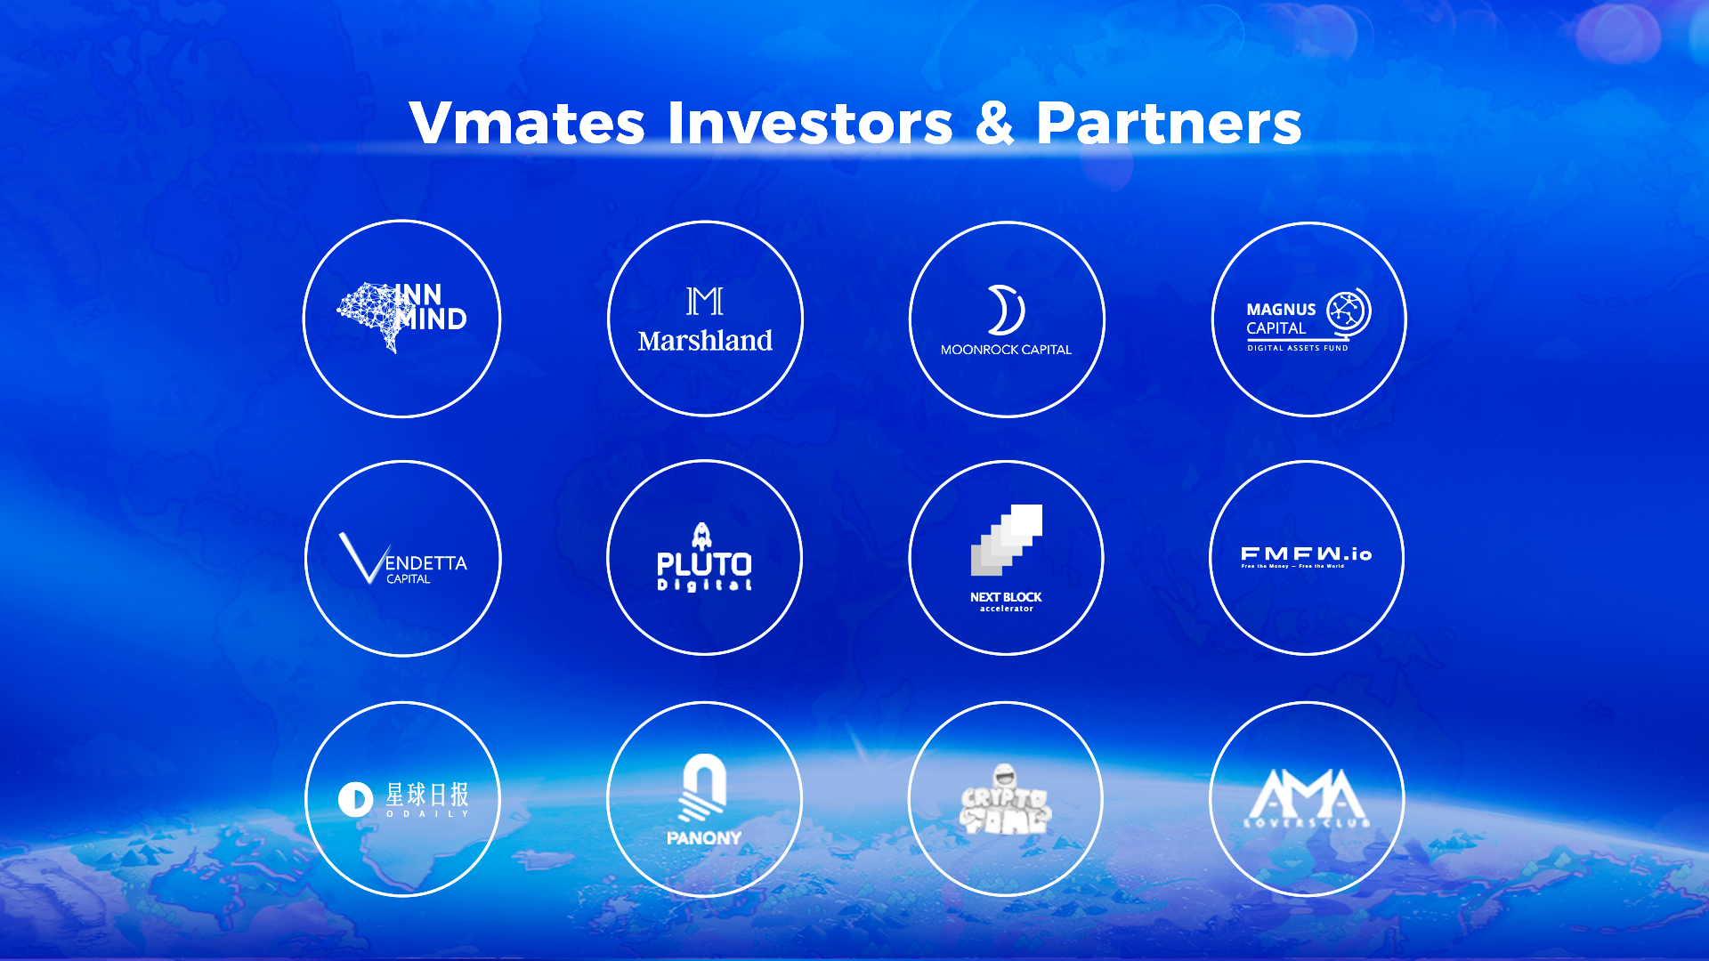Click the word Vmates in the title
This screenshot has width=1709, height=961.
click(x=526, y=123)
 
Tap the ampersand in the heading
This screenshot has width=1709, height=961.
click(x=994, y=123)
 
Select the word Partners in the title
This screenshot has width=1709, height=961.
click(x=1169, y=123)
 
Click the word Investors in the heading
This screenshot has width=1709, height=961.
click(x=810, y=123)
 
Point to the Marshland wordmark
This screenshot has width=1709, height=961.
click(x=705, y=341)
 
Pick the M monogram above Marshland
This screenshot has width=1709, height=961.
click(x=705, y=302)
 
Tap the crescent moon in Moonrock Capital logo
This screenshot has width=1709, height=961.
click(x=1006, y=310)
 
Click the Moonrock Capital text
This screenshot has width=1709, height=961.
click(x=1006, y=350)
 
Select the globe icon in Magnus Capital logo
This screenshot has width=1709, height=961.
click(x=1348, y=311)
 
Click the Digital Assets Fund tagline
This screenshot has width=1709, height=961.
click(x=1297, y=348)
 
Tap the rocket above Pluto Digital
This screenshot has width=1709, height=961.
click(x=702, y=536)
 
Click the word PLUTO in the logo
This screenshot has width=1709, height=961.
click(x=704, y=564)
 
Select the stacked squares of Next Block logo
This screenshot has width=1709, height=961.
click(x=1007, y=540)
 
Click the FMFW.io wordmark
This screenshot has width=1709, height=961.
click(x=1306, y=554)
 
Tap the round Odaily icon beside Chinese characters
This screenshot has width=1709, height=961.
click(x=355, y=799)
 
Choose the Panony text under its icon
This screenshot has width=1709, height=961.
click(x=703, y=838)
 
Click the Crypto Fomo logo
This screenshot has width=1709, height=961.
click(x=1006, y=801)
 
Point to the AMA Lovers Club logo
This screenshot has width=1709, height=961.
click(x=1307, y=798)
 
